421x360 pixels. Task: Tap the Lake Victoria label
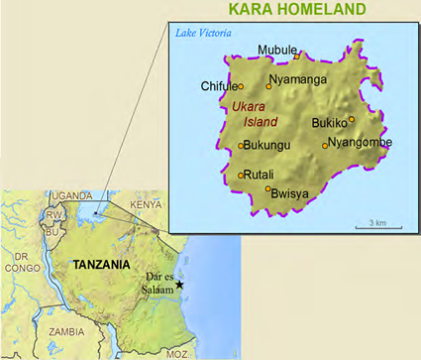click(x=203, y=34)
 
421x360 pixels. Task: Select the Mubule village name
click(x=276, y=50)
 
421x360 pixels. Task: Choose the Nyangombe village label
click(x=361, y=143)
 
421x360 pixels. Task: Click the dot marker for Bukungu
click(x=241, y=146)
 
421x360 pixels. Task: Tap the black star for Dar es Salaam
click(x=180, y=286)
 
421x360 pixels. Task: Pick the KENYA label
click(x=145, y=205)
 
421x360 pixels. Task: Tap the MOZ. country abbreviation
click(x=176, y=352)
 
